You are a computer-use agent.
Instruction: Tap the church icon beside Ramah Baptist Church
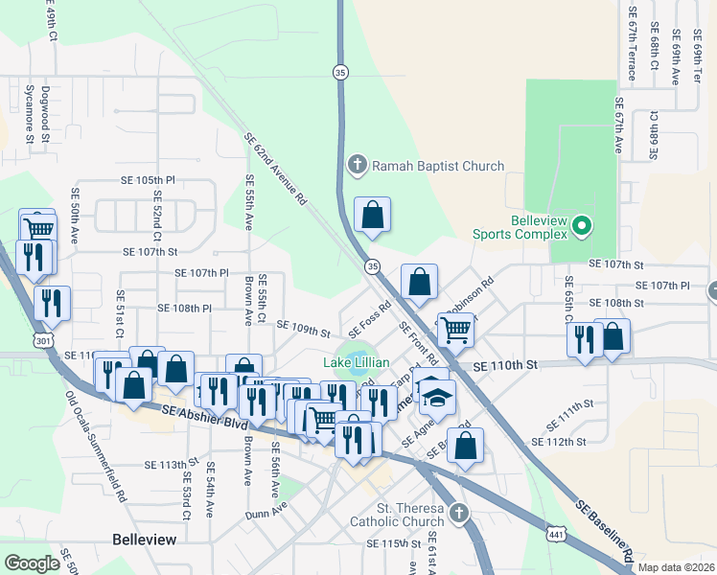pos(358,166)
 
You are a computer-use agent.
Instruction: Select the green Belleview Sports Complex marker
pos(581,227)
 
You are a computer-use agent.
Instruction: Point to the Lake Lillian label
pos(356,362)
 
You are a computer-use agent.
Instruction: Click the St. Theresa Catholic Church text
pos(396,515)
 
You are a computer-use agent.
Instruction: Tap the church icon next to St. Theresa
pos(459,514)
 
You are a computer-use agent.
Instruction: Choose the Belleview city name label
pos(144,540)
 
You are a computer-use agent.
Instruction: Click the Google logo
pos(32,563)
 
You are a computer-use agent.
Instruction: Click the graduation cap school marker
pos(436,395)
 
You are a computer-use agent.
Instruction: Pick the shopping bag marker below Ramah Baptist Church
pos(373,216)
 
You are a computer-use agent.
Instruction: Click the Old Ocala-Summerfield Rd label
pos(96,446)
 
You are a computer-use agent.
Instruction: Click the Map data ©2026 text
pos(676,567)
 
